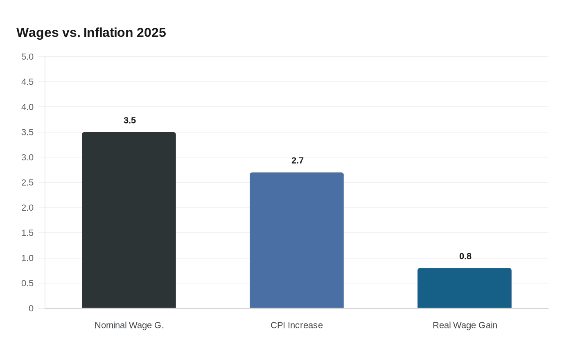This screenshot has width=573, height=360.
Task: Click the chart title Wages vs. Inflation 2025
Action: [91, 33]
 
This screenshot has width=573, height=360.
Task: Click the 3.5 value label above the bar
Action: [130, 120]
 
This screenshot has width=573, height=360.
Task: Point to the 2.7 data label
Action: [298, 160]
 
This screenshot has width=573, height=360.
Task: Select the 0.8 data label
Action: [465, 256]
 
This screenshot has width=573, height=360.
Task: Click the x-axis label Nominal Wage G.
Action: [129, 325]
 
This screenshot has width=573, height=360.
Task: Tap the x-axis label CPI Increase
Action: [297, 325]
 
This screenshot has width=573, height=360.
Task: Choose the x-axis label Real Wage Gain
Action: [465, 325]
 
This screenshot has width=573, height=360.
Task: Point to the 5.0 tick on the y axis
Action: [27, 57]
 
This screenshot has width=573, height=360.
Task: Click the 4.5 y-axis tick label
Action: [27, 82]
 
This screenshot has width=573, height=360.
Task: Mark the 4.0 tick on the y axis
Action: [27, 107]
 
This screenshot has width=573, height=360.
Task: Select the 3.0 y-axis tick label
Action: [27, 157]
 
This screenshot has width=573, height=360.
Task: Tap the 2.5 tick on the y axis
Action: [27, 182]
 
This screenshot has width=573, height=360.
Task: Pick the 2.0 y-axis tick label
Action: [27, 208]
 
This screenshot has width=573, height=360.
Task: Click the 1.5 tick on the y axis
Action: [27, 233]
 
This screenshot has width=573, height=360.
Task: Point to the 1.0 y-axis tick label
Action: [27, 258]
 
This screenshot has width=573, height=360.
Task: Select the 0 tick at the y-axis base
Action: [31, 308]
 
